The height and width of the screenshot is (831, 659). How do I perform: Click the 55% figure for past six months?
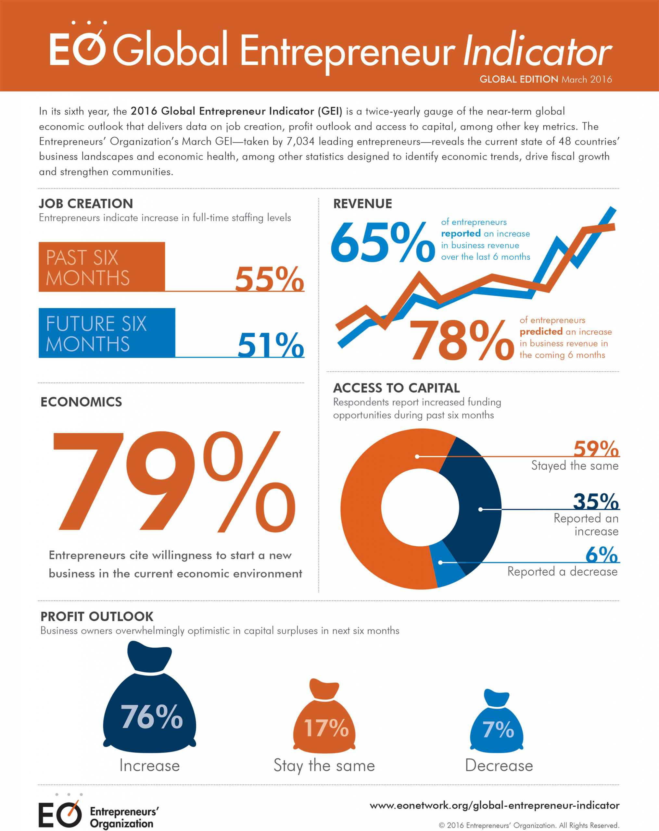coord(269,278)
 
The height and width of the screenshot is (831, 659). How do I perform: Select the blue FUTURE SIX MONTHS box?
coord(107,333)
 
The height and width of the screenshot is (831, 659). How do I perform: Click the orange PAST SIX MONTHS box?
coord(101,267)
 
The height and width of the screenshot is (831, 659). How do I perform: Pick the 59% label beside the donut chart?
coord(596,449)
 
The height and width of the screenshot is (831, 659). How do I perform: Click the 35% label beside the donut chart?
coord(596,502)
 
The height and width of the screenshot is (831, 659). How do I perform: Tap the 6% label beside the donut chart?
coord(601,555)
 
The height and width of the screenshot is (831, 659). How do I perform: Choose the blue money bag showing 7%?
coord(497,725)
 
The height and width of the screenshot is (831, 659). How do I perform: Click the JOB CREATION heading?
coord(86,204)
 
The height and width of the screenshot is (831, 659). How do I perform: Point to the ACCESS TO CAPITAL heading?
coord(396,388)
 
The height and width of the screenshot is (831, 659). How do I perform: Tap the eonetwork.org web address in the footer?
coord(494,805)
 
